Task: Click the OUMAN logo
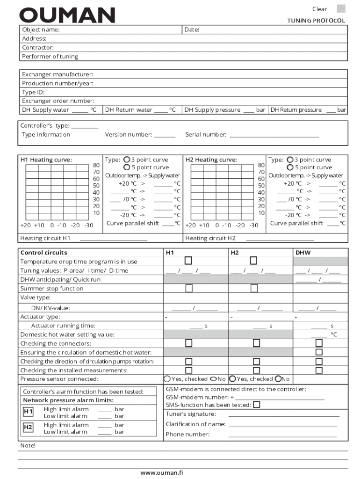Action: [67, 15]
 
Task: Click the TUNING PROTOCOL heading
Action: [316, 21]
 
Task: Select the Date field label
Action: [192, 30]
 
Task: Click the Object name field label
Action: [41, 30]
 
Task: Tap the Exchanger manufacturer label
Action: [58, 74]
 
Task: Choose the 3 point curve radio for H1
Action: [126, 160]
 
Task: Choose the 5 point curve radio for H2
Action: [290, 167]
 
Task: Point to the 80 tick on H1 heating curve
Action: [96, 165]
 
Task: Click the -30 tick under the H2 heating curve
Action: [253, 225]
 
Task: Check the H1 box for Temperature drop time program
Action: [188, 261]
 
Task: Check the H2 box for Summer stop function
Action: [254, 288]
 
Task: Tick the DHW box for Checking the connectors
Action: [319, 343]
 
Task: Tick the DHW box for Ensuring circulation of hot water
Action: [319, 352]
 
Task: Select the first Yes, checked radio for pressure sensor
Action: [167, 379]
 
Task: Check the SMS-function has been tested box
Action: [257, 405]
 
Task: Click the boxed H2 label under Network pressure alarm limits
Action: [28, 427]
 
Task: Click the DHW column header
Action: [303, 253]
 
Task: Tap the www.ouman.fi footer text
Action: [162, 472]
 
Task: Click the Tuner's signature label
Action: [191, 414]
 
